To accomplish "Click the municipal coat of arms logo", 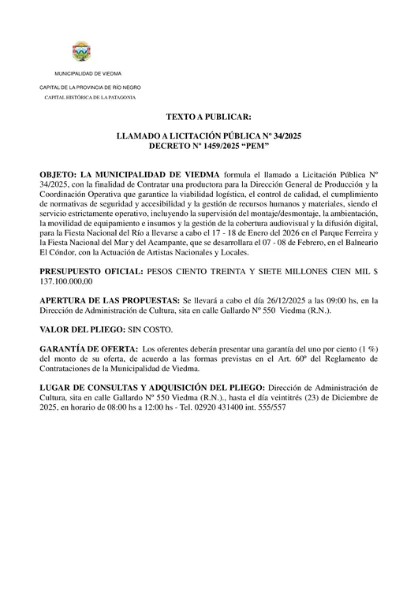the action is (x=81, y=53).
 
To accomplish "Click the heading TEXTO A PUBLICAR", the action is (x=208, y=116).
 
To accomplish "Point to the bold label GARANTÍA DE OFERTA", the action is (x=86, y=348).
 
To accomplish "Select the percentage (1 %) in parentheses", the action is (x=364, y=348).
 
